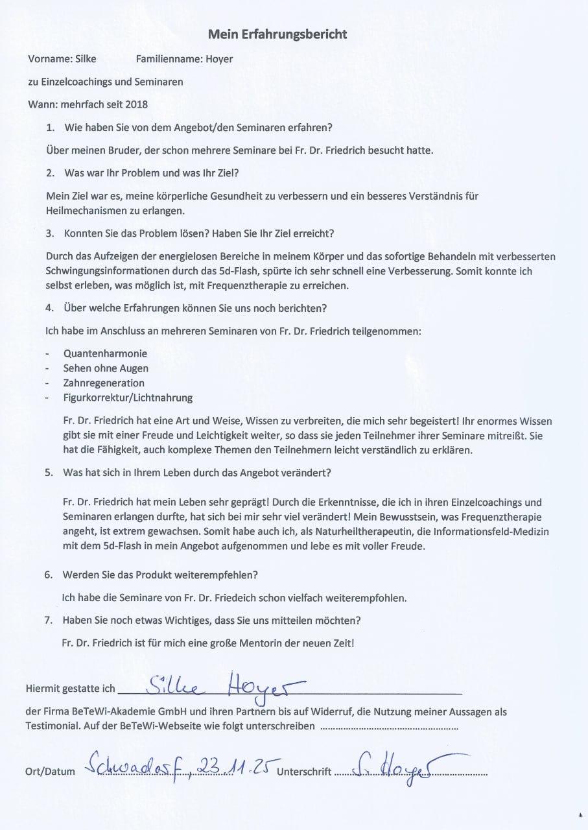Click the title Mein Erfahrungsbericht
277,34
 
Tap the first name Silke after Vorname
86,59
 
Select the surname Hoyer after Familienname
219,59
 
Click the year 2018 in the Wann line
136,104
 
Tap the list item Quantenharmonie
105,353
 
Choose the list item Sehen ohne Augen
106,368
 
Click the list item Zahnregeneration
104,383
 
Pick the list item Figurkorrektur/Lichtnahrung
128,397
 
